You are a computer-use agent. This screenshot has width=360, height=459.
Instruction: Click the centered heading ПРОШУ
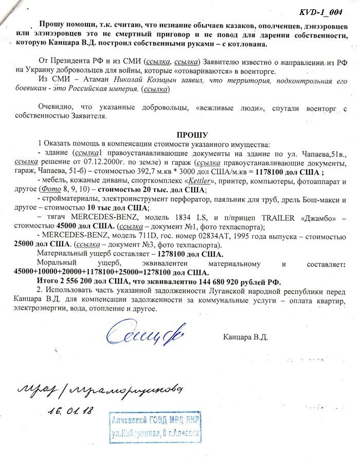point(191,135)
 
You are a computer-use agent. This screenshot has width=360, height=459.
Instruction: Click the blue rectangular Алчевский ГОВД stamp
point(155,427)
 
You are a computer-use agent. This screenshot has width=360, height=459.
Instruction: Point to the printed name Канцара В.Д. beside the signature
point(246,338)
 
